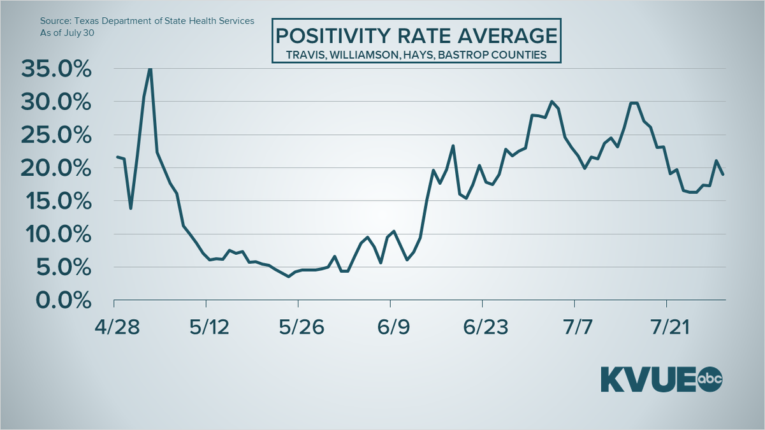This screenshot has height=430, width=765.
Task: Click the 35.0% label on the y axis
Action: (x=56, y=69)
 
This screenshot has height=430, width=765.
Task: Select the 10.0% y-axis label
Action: (x=56, y=234)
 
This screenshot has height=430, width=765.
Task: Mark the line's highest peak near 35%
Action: (x=150, y=68)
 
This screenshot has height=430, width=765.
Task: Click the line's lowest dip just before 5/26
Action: (x=289, y=276)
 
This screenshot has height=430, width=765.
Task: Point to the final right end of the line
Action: (x=723, y=174)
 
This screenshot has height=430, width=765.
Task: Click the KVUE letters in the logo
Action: (x=647, y=380)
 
